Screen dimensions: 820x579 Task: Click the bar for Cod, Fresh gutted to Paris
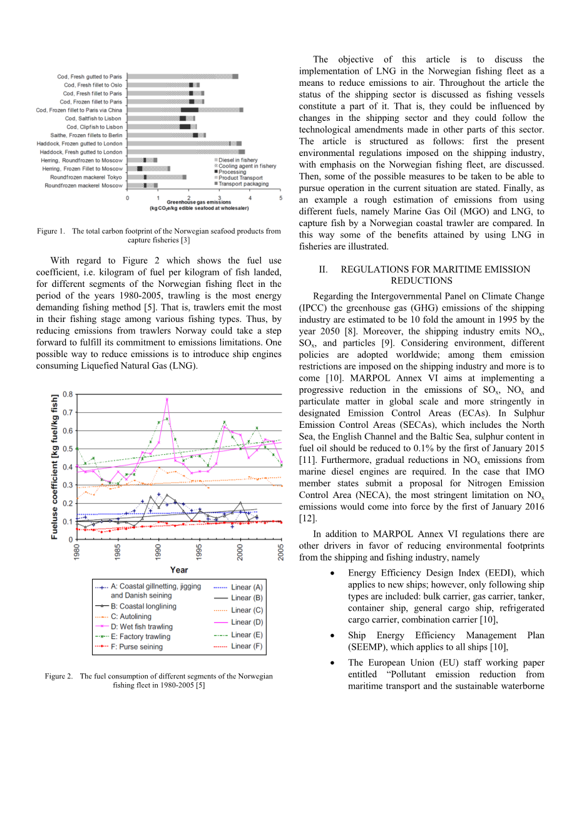[182, 76]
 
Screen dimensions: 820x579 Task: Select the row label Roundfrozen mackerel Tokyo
[86, 177]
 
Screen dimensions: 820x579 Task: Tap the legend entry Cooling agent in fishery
[247, 166]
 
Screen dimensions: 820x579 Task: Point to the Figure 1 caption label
[51, 231]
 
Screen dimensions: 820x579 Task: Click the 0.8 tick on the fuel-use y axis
[67, 394]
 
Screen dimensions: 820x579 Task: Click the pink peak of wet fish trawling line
[167, 399]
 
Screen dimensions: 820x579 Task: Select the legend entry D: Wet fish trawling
[141, 626]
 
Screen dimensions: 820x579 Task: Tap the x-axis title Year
[179, 570]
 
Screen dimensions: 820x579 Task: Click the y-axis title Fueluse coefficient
[54, 467]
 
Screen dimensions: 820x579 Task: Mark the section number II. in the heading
[323, 269]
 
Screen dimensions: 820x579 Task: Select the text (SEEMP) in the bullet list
[366, 647]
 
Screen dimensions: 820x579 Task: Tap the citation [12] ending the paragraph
[307, 518]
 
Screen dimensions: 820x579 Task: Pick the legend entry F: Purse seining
[136, 646]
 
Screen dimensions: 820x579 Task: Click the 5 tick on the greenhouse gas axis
[281, 198]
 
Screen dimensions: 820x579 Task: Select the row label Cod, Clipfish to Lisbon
[95, 127]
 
